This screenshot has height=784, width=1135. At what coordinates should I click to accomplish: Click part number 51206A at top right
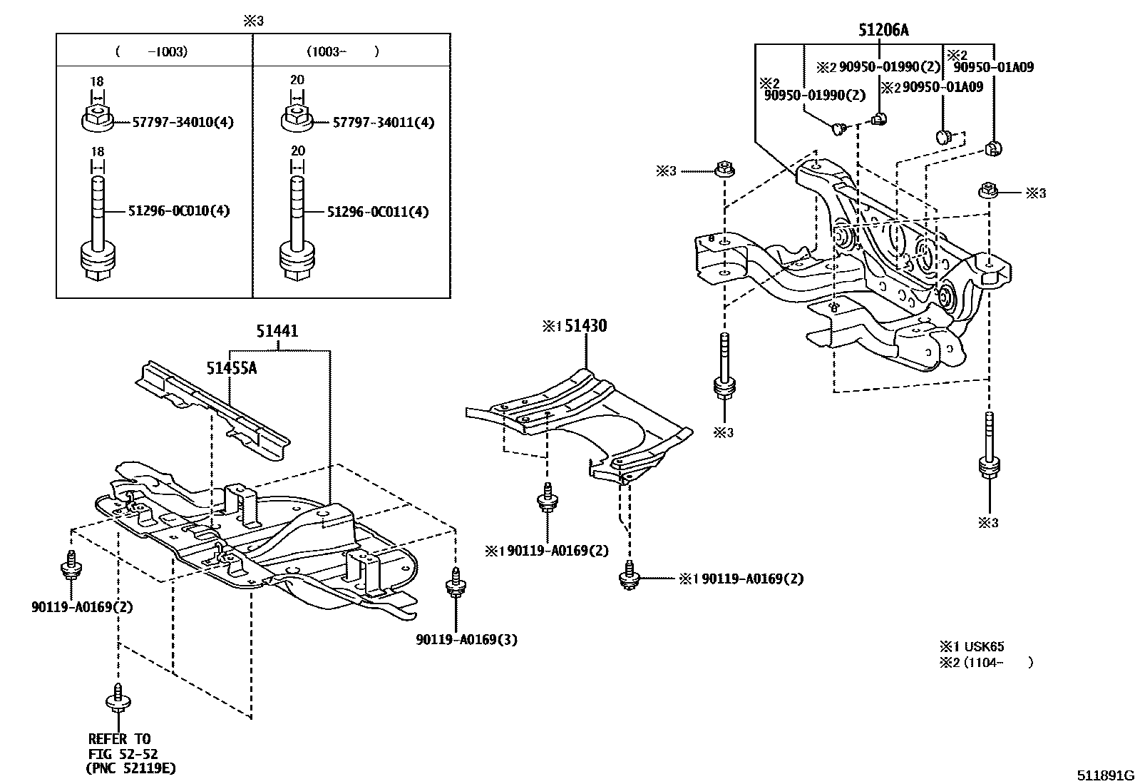point(883,30)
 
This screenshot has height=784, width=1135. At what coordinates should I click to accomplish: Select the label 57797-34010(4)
point(183,122)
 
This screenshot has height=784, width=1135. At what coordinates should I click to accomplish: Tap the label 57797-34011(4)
point(384,122)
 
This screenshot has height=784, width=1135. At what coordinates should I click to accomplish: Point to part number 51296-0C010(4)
point(179,211)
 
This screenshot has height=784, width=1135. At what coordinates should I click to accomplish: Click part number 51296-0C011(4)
point(378,212)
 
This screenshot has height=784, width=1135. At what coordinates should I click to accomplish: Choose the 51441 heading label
point(277,331)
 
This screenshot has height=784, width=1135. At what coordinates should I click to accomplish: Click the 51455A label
point(232,368)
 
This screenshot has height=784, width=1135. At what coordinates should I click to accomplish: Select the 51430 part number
point(584,327)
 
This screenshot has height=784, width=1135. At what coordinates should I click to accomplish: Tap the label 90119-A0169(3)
point(467,640)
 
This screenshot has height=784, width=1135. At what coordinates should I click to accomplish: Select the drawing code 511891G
point(1104,775)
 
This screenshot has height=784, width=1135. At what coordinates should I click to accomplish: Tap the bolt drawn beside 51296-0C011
point(297,235)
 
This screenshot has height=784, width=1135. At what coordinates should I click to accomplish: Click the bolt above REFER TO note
point(117,697)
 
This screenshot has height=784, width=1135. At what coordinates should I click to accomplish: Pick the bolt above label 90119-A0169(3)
point(454,584)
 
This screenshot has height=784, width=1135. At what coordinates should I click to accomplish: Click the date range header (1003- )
point(342,51)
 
